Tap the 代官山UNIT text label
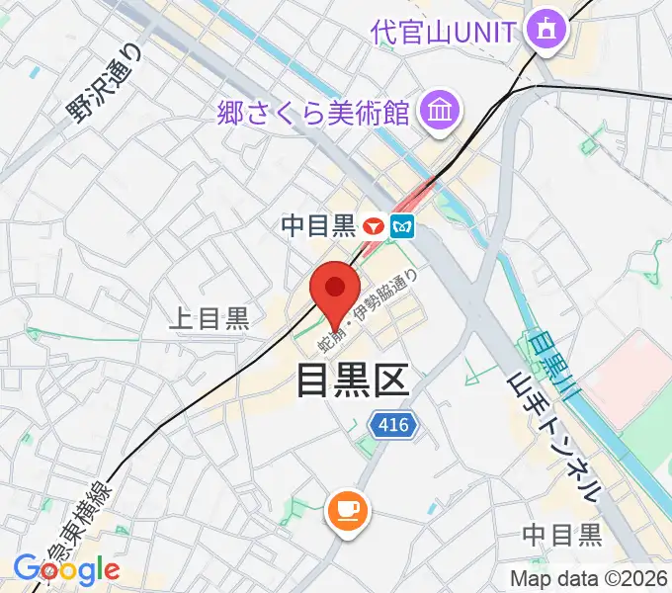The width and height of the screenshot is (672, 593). tap(444, 32)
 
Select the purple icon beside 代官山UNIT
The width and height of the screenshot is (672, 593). tap(545, 32)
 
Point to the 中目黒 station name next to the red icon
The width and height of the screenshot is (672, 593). tap(317, 226)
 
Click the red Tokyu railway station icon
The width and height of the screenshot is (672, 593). tap(373, 226)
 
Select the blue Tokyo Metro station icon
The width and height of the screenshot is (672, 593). tap(402, 226)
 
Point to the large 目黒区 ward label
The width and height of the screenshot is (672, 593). tap(352, 380)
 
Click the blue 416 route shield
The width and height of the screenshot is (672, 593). tap(395, 425)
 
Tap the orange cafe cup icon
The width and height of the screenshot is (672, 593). tap(347, 510)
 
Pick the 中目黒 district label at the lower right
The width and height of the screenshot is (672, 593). tap(561, 536)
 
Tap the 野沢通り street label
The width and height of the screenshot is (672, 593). tap(104, 82)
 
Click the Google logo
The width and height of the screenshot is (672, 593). tap(65, 570)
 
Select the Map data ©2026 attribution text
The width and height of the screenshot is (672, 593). tap(588, 578)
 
